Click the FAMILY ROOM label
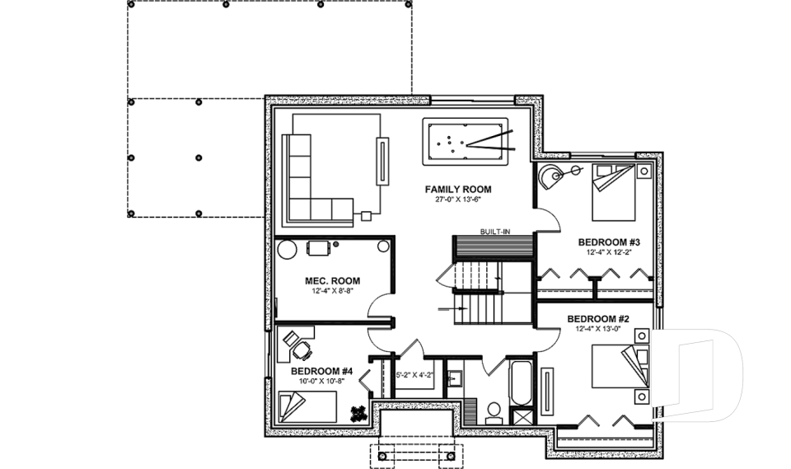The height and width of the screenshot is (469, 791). coord(458,190)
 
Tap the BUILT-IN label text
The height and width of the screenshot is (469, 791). coord(494,232)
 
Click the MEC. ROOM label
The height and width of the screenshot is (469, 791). coord(326,281)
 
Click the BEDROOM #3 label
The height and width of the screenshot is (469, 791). coord(609,242)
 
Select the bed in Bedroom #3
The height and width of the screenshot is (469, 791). coord(613,190)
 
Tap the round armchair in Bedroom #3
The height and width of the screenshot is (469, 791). coord(550,175)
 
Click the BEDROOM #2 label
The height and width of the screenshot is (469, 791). coord(598,318)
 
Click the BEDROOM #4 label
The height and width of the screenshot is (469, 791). coord(321,372)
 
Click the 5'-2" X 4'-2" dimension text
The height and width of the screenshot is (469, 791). coord(415,375)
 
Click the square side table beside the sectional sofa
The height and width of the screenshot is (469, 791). coord(365,217)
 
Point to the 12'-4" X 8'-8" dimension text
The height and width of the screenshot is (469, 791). coord(326,292)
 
